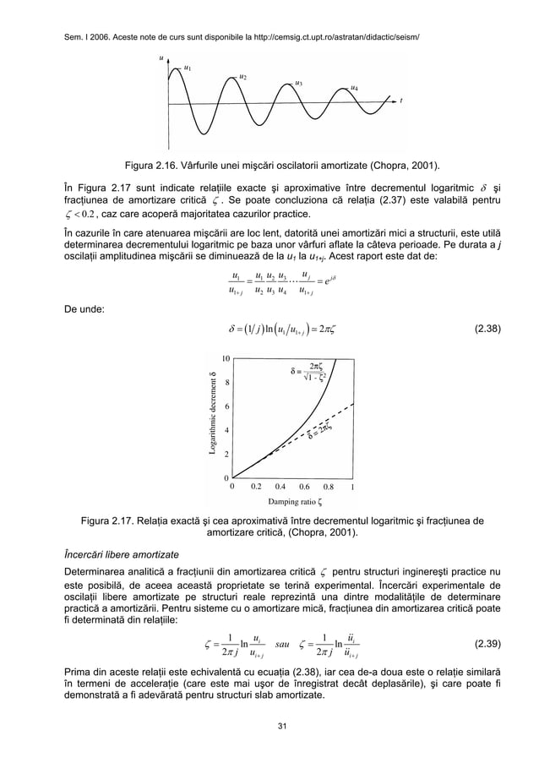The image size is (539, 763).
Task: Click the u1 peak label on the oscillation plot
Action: tap(188, 68)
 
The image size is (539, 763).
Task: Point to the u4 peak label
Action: tap(354, 88)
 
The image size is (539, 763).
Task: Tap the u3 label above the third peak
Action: tap(298, 83)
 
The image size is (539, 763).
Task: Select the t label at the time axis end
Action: tap(401, 100)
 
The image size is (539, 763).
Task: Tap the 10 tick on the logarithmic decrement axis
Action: tap(226, 358)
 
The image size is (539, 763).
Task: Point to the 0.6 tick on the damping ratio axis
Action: tap(304, 487)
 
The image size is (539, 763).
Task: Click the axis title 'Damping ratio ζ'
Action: tap(291, 501)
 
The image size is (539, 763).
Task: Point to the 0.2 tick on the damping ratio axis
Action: tap(256, 487)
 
